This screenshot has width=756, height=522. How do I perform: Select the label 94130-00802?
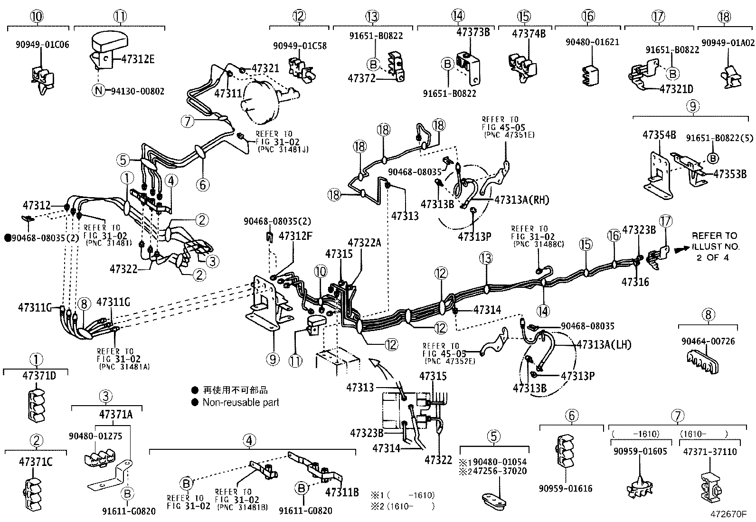[x=138, y=91]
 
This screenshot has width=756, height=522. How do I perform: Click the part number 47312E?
[x=138, y=59]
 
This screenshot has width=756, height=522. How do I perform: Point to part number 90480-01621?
[x=592, y=42]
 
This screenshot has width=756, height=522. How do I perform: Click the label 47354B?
[x=659, y=134]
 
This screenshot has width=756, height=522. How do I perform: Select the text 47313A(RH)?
[x=521, y=200]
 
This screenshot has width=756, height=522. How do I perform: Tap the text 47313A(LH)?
[x=604, y=345]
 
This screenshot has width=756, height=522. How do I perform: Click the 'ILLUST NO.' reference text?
[x=716, y=247]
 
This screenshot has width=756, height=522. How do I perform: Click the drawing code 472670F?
[x=728, y=514]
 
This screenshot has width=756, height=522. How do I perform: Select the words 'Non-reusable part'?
[x=241, y=402]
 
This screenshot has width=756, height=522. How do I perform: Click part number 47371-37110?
[x=709, y=451]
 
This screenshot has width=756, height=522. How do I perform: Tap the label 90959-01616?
[x=566, y=488]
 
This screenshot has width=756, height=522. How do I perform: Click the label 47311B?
[x=341, y=492]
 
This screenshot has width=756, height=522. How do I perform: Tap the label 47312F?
[x=295, y=236]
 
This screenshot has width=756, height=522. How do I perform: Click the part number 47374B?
[x=529, y=34]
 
